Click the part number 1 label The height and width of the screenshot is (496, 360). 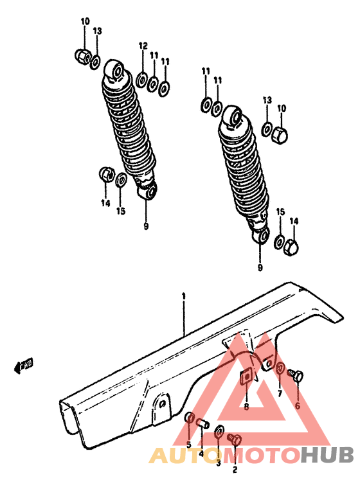click(x=183, y=297)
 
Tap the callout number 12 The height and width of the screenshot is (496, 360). click(x=143, y=46)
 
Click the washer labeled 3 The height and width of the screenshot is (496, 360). click(x=219, y=431)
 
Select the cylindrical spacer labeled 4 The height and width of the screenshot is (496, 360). click(x=202, y=424)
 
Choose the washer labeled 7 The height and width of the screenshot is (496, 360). click(x=281, y=368)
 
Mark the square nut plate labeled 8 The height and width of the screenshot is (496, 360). click(x=246, y=376)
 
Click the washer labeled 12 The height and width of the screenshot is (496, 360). click(x=141, y=81)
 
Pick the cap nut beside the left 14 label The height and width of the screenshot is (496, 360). click(x=106, y=174)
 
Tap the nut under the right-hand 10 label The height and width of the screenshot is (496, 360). click(x=280, y=134)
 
